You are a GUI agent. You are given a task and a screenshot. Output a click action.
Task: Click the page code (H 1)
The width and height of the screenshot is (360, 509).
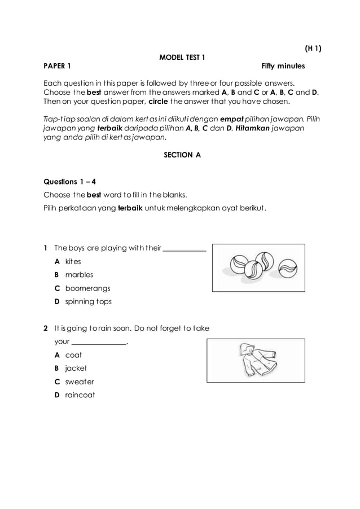click(310, 49)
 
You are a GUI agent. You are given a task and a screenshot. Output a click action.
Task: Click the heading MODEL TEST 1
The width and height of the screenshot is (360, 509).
click(182, 57)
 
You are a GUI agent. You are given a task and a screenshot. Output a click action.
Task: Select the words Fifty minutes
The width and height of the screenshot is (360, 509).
click(283, 66)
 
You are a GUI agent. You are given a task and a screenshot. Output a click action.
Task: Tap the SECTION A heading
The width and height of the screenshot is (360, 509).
click(182, 154)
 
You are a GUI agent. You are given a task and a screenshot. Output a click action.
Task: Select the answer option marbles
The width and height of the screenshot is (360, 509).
click(79, 275)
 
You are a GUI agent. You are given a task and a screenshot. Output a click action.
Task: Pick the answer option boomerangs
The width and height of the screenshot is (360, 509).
click(86, 288)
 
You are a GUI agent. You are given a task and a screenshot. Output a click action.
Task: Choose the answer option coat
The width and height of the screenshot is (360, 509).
click(73, 355)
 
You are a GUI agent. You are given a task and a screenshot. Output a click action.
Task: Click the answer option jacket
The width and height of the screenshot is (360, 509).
click(76, 368)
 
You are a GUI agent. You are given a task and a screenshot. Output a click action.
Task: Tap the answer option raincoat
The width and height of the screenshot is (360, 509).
click(80, 394)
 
